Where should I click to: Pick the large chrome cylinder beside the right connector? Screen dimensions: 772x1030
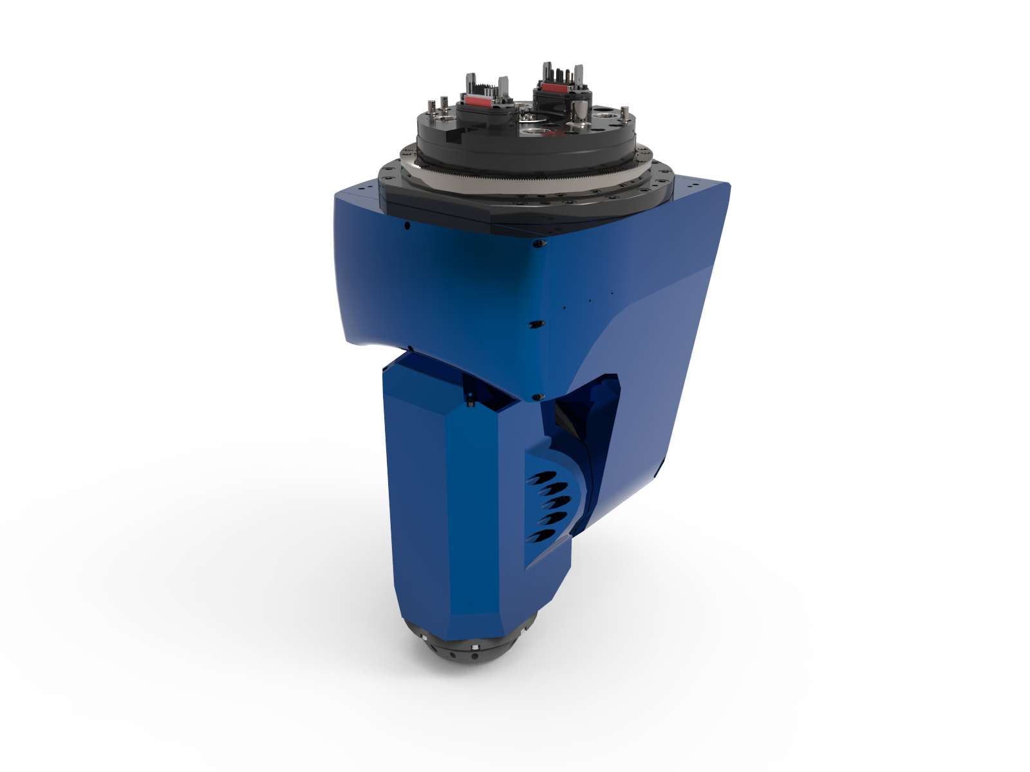[x=580, y=111]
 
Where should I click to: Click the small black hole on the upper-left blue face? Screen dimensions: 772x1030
[x=407, y=226]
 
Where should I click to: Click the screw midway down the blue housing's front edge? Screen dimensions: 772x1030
[x=532, y=323]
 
